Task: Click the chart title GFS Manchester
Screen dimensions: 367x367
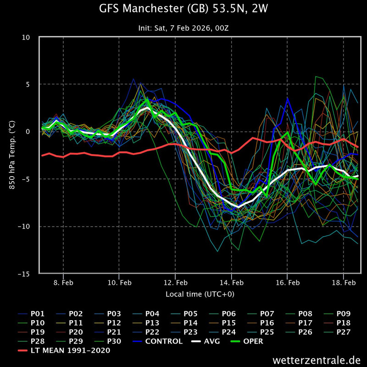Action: [183, 9]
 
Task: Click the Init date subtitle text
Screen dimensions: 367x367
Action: [183, 28]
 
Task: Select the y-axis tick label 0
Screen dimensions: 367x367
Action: [28, 132]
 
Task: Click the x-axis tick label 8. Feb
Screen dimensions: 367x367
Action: [63, 283]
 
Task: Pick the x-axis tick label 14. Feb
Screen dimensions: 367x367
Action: [231, 283]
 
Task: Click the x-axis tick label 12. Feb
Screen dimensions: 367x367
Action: [175, 283]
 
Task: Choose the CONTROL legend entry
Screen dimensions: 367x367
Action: [163, 341]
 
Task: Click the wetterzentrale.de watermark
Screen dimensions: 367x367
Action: [317, 359]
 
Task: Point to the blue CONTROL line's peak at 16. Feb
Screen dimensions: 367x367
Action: [288, 98]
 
